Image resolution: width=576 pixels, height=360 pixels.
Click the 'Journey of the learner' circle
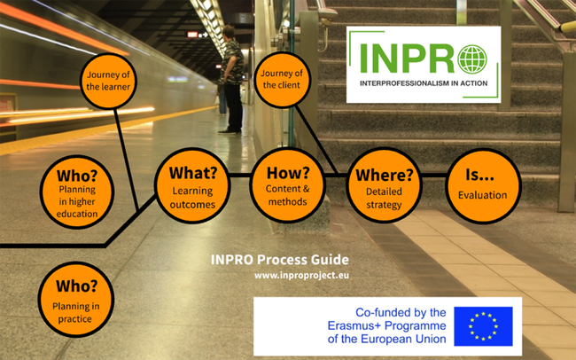108,81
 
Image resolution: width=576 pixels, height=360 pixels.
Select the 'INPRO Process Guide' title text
279,260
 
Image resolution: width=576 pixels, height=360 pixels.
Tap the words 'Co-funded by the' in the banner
400,312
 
